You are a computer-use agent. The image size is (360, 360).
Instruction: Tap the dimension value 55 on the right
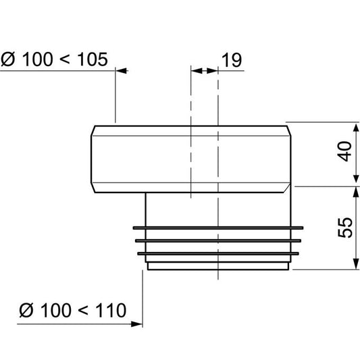click(x=346, y=228)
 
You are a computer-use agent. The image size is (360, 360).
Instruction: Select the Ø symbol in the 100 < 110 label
click(x=27, y=311)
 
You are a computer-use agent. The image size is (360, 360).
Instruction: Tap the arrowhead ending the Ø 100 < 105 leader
click(x=121, y=70)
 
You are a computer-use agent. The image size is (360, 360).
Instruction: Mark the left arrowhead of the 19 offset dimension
click(x=196, y=70)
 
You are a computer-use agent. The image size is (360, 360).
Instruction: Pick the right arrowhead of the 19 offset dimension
click(x=215, y=70)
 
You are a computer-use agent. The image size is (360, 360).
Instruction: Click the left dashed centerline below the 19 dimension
click(x=192, y=135)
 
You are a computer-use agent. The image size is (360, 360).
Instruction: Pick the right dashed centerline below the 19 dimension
click(x=218, y=169)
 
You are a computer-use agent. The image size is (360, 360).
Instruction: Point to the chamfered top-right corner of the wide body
click(x=290, y=129)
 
